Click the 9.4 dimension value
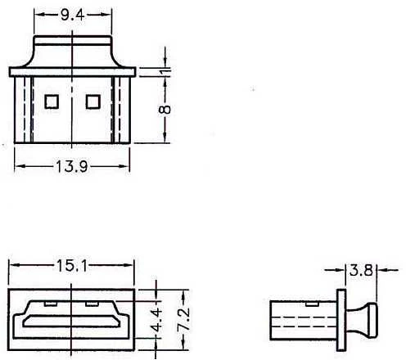tap(72, 16)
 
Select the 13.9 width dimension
tap(72, 166)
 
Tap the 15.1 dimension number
tap(72, 266)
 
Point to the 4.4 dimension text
tap(157, 320)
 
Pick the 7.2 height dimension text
tap(183, 320)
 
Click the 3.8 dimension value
tap(361, 270)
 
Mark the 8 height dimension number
tap(165, 110)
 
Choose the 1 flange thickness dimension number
tap(165, 71)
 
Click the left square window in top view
tap(52, 101)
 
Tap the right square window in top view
tap(93, 101)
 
